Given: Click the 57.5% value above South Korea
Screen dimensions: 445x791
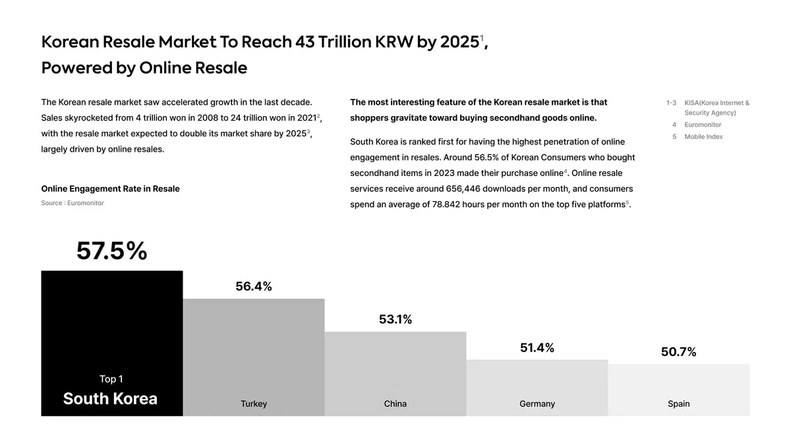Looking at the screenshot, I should pyautogui.click(x=111, y=251).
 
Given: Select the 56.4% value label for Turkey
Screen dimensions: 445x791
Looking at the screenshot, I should pyautogui.click(x=254, y=287).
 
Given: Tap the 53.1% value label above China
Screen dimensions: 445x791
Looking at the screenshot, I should pyautogui.click(x=395, y=320).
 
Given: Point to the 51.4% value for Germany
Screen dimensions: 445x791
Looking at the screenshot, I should pyautogui.click(x=537, y=348).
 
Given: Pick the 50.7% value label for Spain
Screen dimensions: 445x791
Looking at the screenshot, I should pyautogui.click(x=679, y=352).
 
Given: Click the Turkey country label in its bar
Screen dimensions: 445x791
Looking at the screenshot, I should pyautogui.click(x=254, y=403).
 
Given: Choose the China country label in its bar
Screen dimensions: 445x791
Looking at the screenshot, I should pyautogui.click(x=395, y=403).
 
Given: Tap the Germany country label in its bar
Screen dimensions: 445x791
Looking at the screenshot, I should pyautogui.click(x=537, y=403).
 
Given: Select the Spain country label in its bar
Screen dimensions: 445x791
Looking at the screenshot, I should pyautogui.click(x=679, y=403).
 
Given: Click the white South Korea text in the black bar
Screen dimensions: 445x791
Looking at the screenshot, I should pyautogui.click(x=110, y=399).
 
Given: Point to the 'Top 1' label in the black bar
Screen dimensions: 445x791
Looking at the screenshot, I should pyautogui.click(x=111, y=379).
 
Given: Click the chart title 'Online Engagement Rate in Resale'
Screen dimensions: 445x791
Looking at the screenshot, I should pyautogui.click(x=110, y=189).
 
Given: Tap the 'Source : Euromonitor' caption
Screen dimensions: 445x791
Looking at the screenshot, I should pyautogui.click(x=73, y=203).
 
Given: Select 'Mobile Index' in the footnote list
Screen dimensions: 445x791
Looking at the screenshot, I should pyautogui.click(x=703, y=136).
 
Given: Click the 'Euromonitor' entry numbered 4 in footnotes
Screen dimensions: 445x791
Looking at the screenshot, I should pyautogui.click(x=703, y=125).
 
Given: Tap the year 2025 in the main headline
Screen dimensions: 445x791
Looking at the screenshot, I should pyautogui.click(x=459, y=42).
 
